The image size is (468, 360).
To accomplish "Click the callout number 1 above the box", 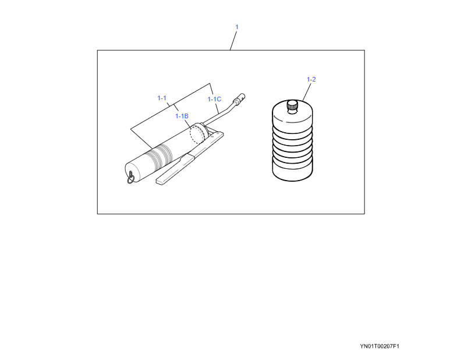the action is click(237, 27).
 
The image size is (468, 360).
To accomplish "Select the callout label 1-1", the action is click(162, 98).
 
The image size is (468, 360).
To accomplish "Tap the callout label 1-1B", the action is click(182, 116).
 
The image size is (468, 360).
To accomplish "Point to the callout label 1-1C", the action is click(214, 99).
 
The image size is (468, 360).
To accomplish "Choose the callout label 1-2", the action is click(311, 79).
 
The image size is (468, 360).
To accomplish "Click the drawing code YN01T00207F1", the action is click(380, 346).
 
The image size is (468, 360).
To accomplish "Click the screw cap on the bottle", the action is click(292, 105).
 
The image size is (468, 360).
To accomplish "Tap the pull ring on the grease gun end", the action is click(131, 178).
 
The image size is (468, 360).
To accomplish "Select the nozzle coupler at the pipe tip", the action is click(240, 98).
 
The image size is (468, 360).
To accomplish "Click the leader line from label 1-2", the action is click(307, 92).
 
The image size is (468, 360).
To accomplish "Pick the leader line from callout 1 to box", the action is click(233, 41).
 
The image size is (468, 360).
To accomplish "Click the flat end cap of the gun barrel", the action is click(131, 173).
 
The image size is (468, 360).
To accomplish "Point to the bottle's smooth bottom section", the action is click(292, 170).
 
